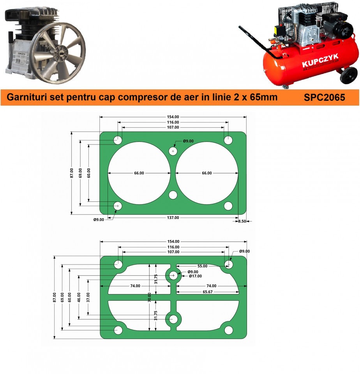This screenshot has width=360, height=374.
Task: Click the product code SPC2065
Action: pos(324,97)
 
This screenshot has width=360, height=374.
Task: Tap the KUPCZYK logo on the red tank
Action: pos(320,61)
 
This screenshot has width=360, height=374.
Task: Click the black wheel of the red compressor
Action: pos(349,75)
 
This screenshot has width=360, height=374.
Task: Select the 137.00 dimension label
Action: pos(173,217)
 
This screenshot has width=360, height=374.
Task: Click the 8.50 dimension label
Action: pos(242,221)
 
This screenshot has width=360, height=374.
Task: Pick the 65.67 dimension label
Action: pos(208,292)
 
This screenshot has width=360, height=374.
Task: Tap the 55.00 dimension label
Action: pos(202,266)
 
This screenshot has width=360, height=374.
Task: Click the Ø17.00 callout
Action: pos(195,276)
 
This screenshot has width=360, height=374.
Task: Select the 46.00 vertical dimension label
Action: pos(79,297)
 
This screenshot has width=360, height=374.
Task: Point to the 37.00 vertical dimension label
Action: pos(88,297)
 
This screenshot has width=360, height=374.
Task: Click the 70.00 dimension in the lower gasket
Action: pos(149,297)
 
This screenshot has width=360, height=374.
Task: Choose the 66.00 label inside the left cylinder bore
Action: pos(139,173)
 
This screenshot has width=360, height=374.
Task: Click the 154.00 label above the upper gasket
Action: pos(173,117)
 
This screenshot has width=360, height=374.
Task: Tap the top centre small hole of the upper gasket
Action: pos(173,151)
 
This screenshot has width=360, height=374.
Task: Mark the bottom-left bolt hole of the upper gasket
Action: pos(118,206)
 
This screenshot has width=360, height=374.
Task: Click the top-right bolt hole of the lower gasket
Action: pos(229,264)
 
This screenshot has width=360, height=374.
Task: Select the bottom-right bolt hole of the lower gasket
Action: pos(229,330)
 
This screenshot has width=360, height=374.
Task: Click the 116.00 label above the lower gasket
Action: pos(173,247)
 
